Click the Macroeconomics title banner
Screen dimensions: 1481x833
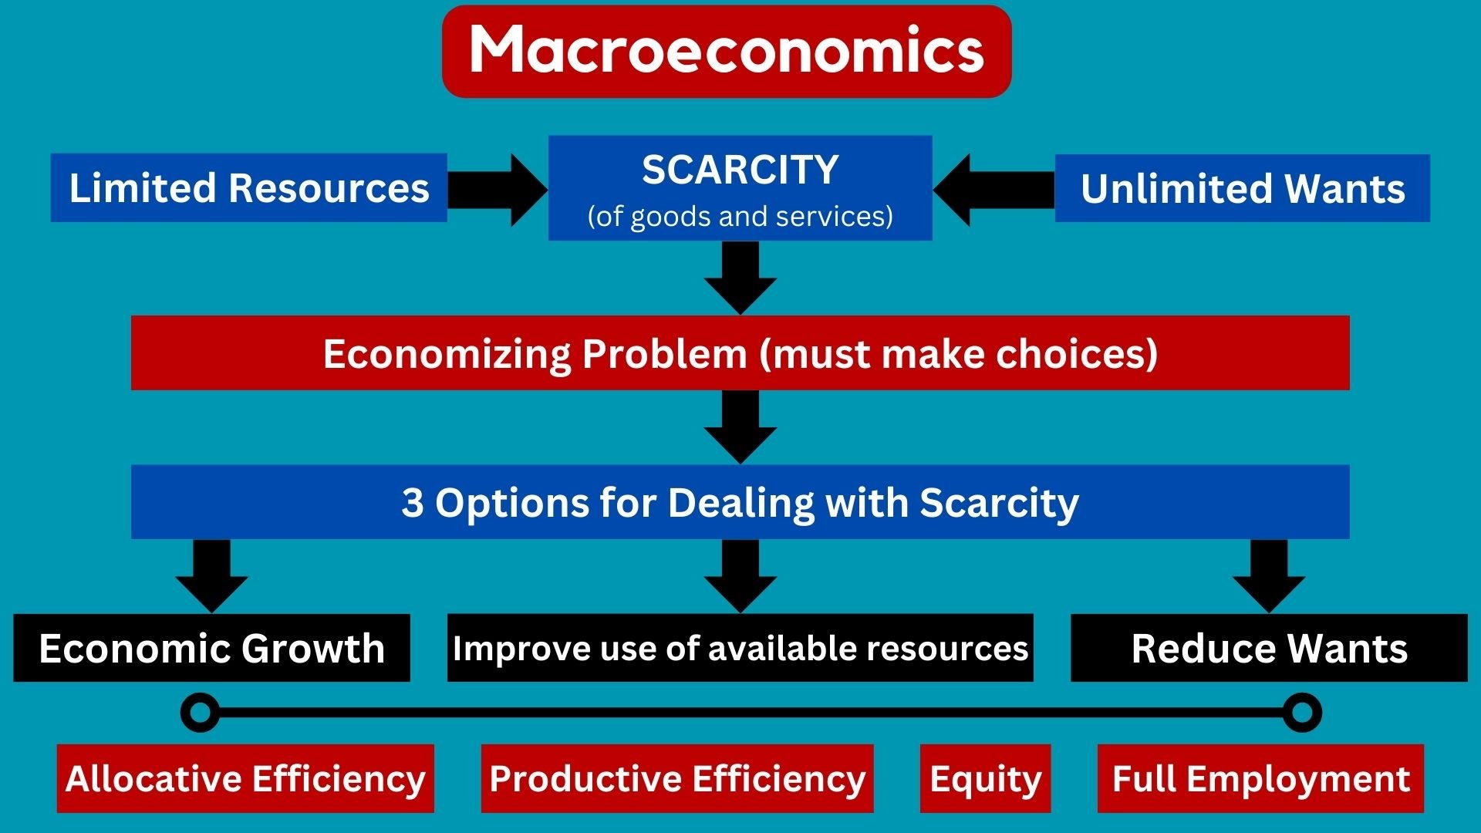tap(727, 51)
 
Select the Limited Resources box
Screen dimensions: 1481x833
tap(248, 187)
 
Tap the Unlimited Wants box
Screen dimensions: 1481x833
tap(1243, 188)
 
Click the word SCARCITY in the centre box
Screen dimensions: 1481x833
tap(740, 170)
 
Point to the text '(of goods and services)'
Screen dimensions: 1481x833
tap(740, 217)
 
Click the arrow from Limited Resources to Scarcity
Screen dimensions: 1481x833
tap(498, 190)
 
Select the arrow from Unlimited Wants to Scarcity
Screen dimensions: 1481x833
tap(994, 190)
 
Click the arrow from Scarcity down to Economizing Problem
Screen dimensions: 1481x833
tap(740, 278)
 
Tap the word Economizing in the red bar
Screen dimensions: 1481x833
tap(447, 354)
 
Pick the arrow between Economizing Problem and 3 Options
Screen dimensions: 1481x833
tap(740, 427)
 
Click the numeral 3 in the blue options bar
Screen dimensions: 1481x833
tap(413, 502)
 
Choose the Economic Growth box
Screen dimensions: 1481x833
tap(211, 648)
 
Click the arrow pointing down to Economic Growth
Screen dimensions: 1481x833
tap(211, 576)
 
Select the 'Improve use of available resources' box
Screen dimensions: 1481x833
tap(740, 648)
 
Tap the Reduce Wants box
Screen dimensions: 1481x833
tap(1269, 648)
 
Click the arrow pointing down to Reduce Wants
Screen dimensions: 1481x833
tap(1269, 576)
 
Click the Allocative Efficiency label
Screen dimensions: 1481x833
tap(245, 778)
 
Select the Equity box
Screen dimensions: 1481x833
tap(985, 778)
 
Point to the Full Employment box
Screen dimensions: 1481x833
tap(1260, 778)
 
